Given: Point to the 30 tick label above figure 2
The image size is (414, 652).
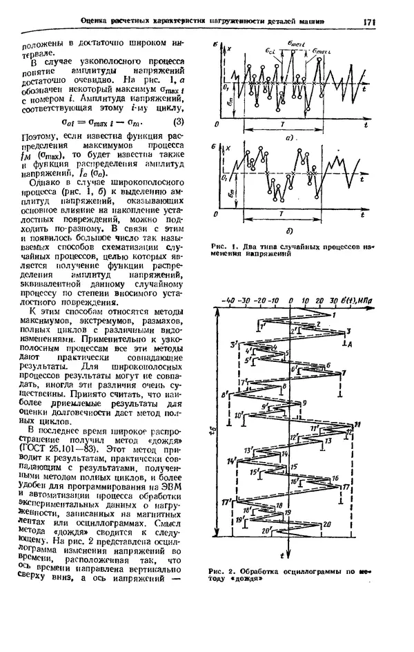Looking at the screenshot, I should click(x=334, y=302).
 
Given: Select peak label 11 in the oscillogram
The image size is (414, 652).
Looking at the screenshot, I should click(x=357, y=423).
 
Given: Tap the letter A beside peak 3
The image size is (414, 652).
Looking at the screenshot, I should click(x=352, y=343).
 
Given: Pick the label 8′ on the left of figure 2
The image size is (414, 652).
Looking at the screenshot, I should click(x=224, y=394).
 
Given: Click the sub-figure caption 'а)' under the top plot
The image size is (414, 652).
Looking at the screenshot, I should click(x=291, y=137).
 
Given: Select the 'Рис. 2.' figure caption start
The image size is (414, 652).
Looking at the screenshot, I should click(x=224, y=571).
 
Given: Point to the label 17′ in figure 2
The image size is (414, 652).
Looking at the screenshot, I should click(x=225, y=502).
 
